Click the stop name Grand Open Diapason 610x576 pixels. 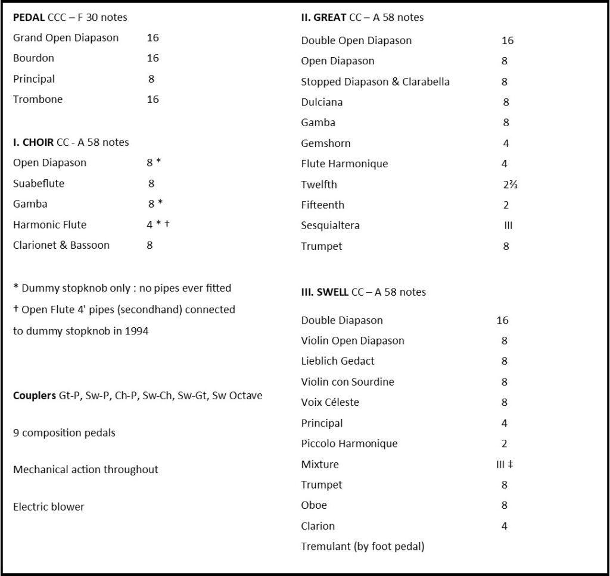pyautogui.click(x=66, y=38)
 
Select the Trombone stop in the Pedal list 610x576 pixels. pyautogui.click(x=38, y=99)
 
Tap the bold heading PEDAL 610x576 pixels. pyautogui.click(x=29, y=17)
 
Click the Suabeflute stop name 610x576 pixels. pyautogui.click(x=39, y=184)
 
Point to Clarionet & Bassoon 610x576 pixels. pyautogui.click(x=61, y=245)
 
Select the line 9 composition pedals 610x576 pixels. pyautogui.click(x=64, y=433)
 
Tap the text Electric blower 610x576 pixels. pyautogui.click(x=49, y=507)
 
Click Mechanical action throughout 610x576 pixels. pyautogui.click(x=86, y=470)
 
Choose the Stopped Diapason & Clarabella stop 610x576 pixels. pyautogui.click(x=375, y=82)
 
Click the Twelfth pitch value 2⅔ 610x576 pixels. pyautogui.click(x=511, y=184)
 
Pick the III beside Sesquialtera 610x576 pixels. pyautogui.click(x=508, y=226)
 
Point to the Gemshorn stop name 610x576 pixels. pyautogui.click(x=326, y=143)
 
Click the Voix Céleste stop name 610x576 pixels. pyautogui.click(x=330, y=402)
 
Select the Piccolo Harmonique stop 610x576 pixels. pyautogui.click(x=349, y=444)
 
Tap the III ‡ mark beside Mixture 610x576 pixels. pyautogui.click(x=505, y=464)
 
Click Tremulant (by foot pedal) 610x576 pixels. pyautogui.click(x=363, y=546)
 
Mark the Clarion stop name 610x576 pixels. pyautogui.click(x=318, y=526)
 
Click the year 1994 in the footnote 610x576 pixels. pyautogui.click(x=136, y=331)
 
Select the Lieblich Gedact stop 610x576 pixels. pyautogui.click(x=338, y=361)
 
